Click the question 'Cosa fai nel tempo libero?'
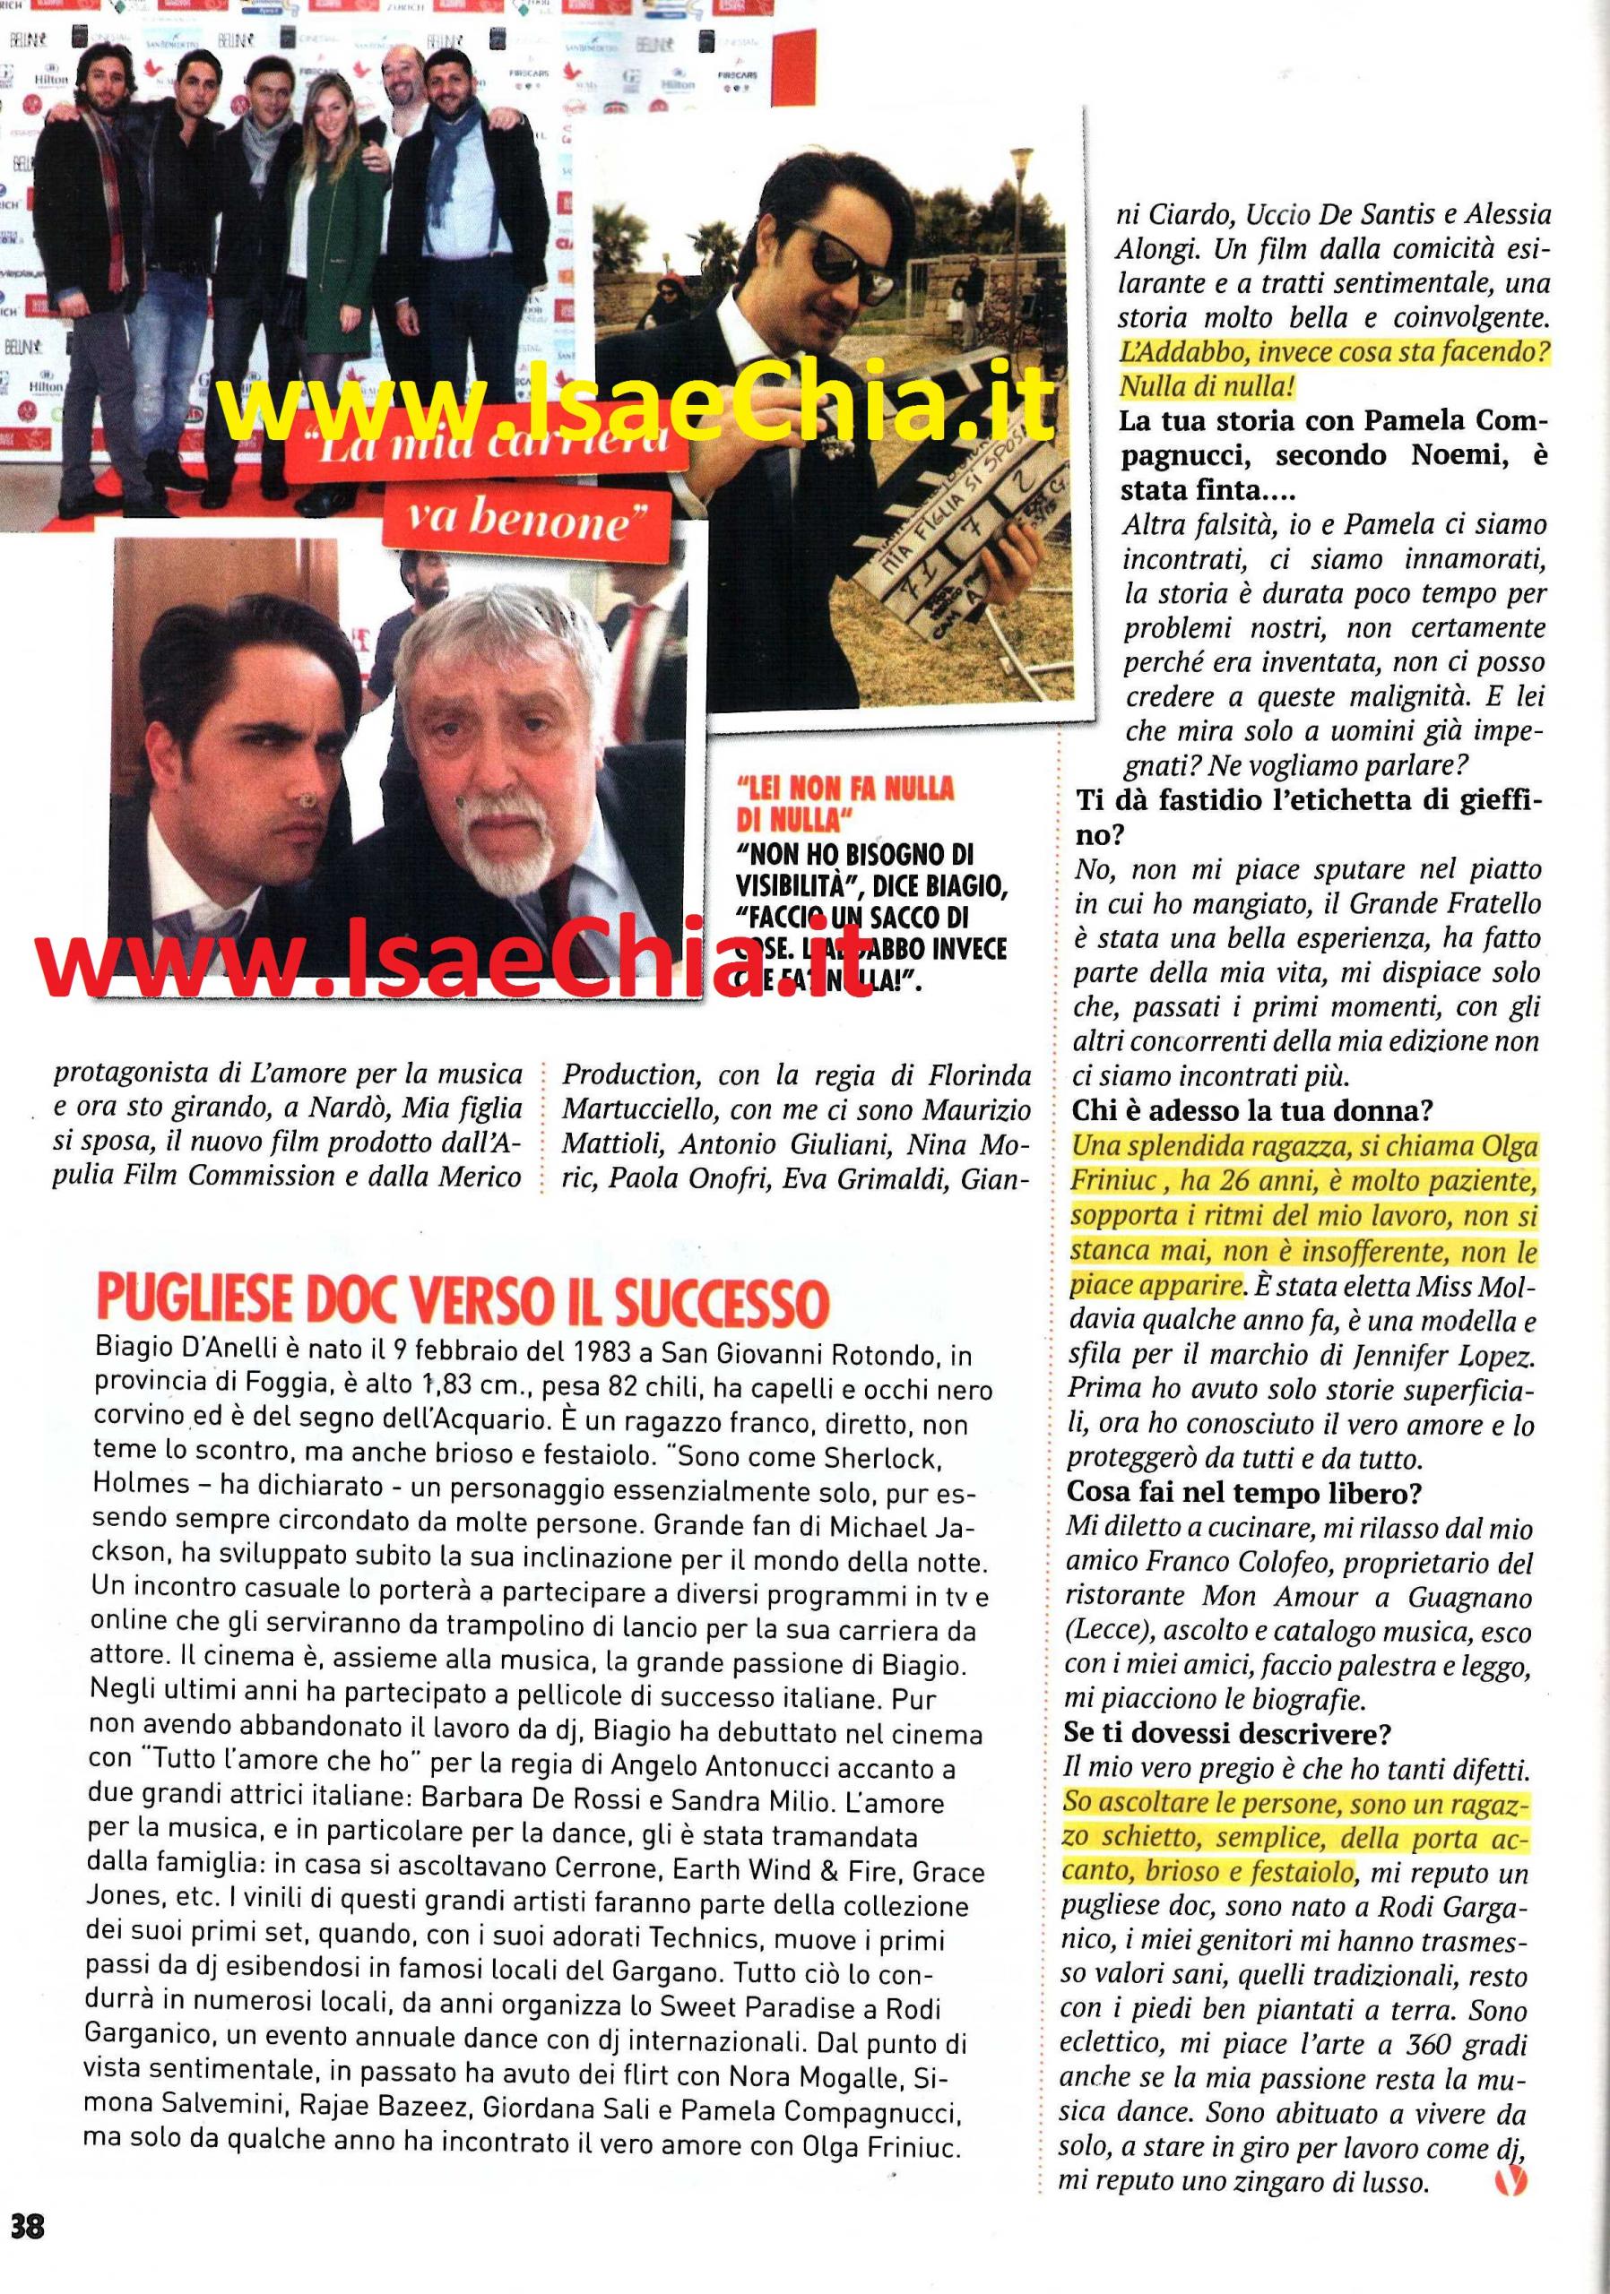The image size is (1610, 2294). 1245,1494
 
